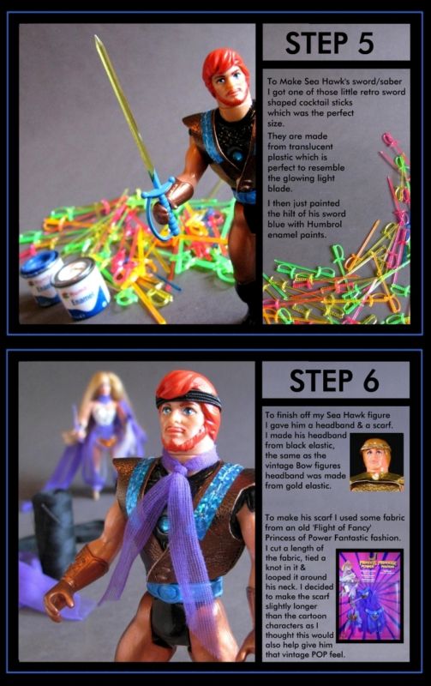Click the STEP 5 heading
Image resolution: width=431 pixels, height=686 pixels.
330,42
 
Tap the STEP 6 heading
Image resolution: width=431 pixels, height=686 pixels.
334,380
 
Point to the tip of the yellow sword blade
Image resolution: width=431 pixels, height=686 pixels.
96,36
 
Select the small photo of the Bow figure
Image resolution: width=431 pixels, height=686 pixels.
376,462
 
